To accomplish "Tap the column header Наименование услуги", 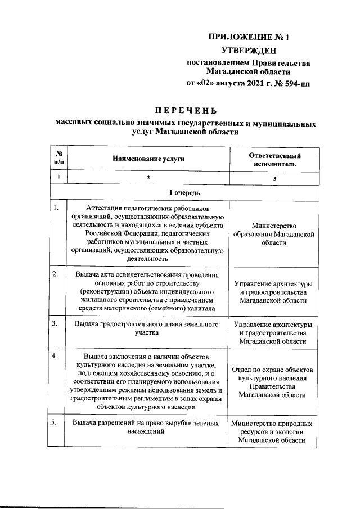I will point(148,159).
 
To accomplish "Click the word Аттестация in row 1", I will point(96,208).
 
